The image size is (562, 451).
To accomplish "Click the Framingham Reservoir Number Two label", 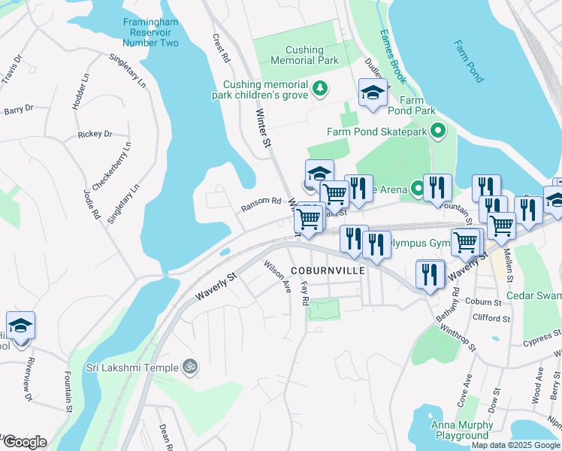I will click(151, 32).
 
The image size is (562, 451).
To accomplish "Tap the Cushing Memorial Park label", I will click(304, 55).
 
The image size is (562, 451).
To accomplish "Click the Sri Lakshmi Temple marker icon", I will click(191, 367).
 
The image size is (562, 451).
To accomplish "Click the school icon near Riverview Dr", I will click(21, 326).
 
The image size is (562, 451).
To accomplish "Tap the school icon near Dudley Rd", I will click(372, 92).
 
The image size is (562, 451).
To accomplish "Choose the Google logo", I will click(25, 442).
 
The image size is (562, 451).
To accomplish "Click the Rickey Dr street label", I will click(95, 135).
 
